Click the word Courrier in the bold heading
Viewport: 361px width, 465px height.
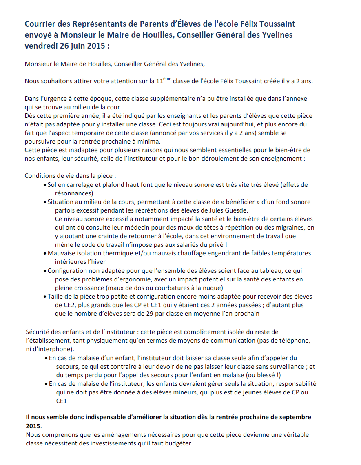coord(41,24)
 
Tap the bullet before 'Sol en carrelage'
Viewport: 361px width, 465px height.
coord(44,185)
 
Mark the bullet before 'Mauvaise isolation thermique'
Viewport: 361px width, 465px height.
coord(44,254)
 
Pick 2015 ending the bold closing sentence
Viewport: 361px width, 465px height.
coord(33,426)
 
